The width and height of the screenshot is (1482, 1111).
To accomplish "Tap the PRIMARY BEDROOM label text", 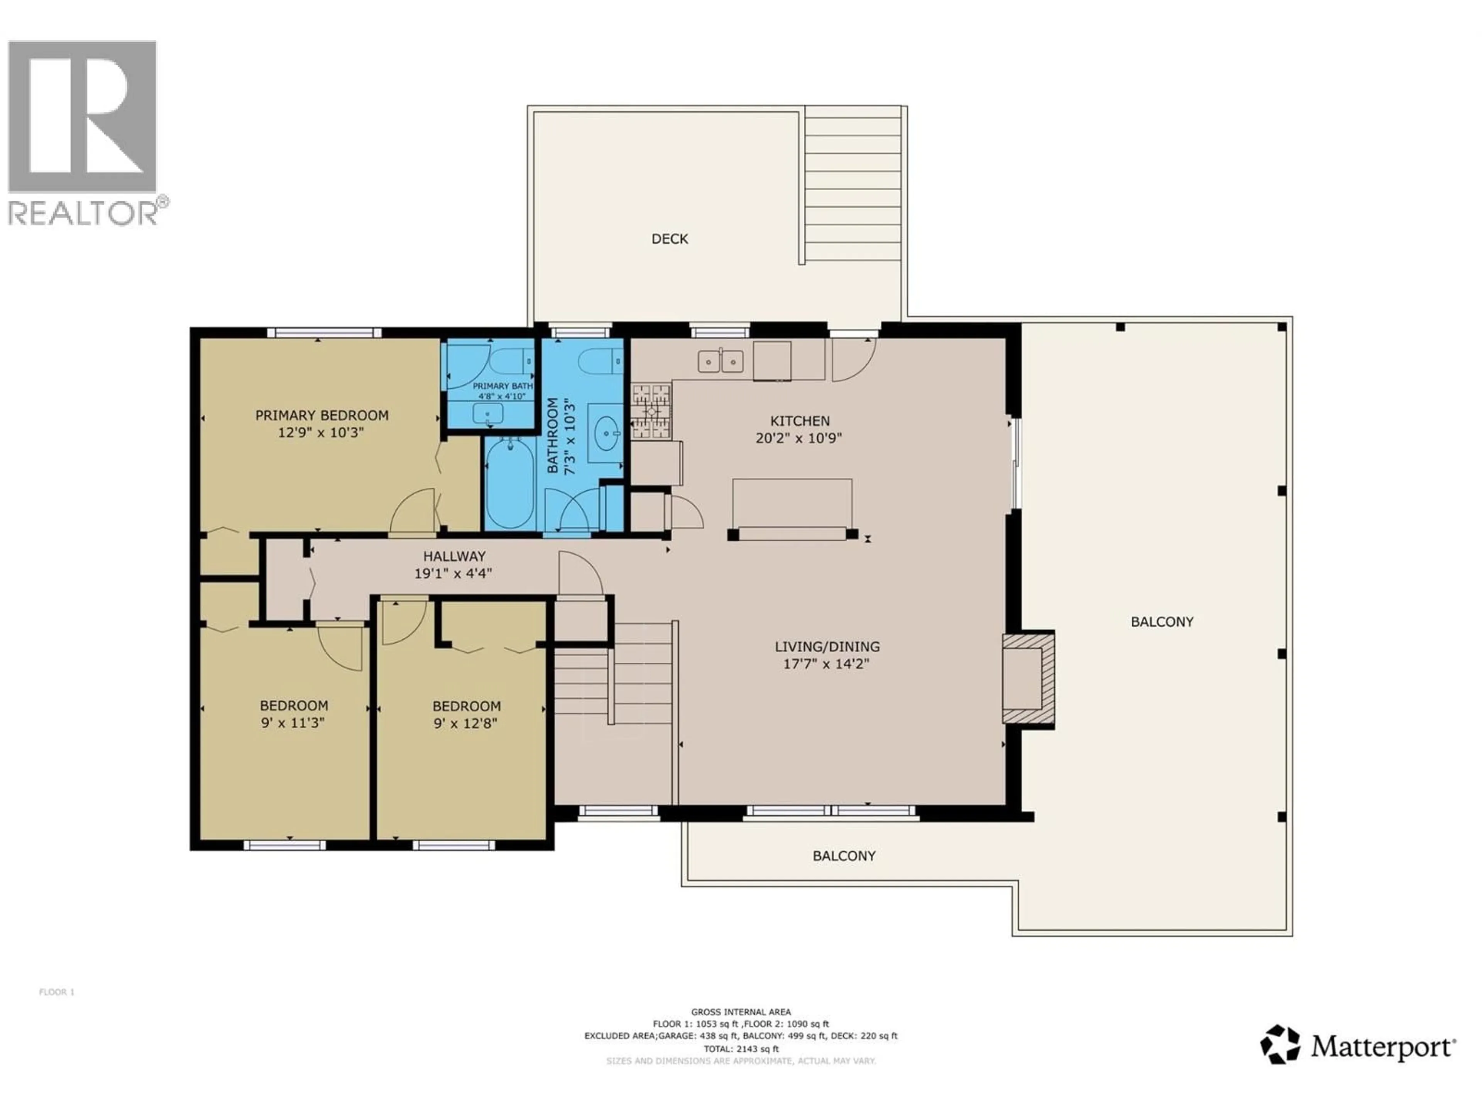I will (x=321, y=415).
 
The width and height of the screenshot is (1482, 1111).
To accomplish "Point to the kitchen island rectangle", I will (x=792, y=503).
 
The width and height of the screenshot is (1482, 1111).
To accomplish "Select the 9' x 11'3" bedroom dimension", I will (x=293, y=723).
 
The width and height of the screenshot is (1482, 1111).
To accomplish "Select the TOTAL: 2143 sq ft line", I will (x=741, y=1049).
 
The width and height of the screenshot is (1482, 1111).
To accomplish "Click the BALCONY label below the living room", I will (x=844, y=856).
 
